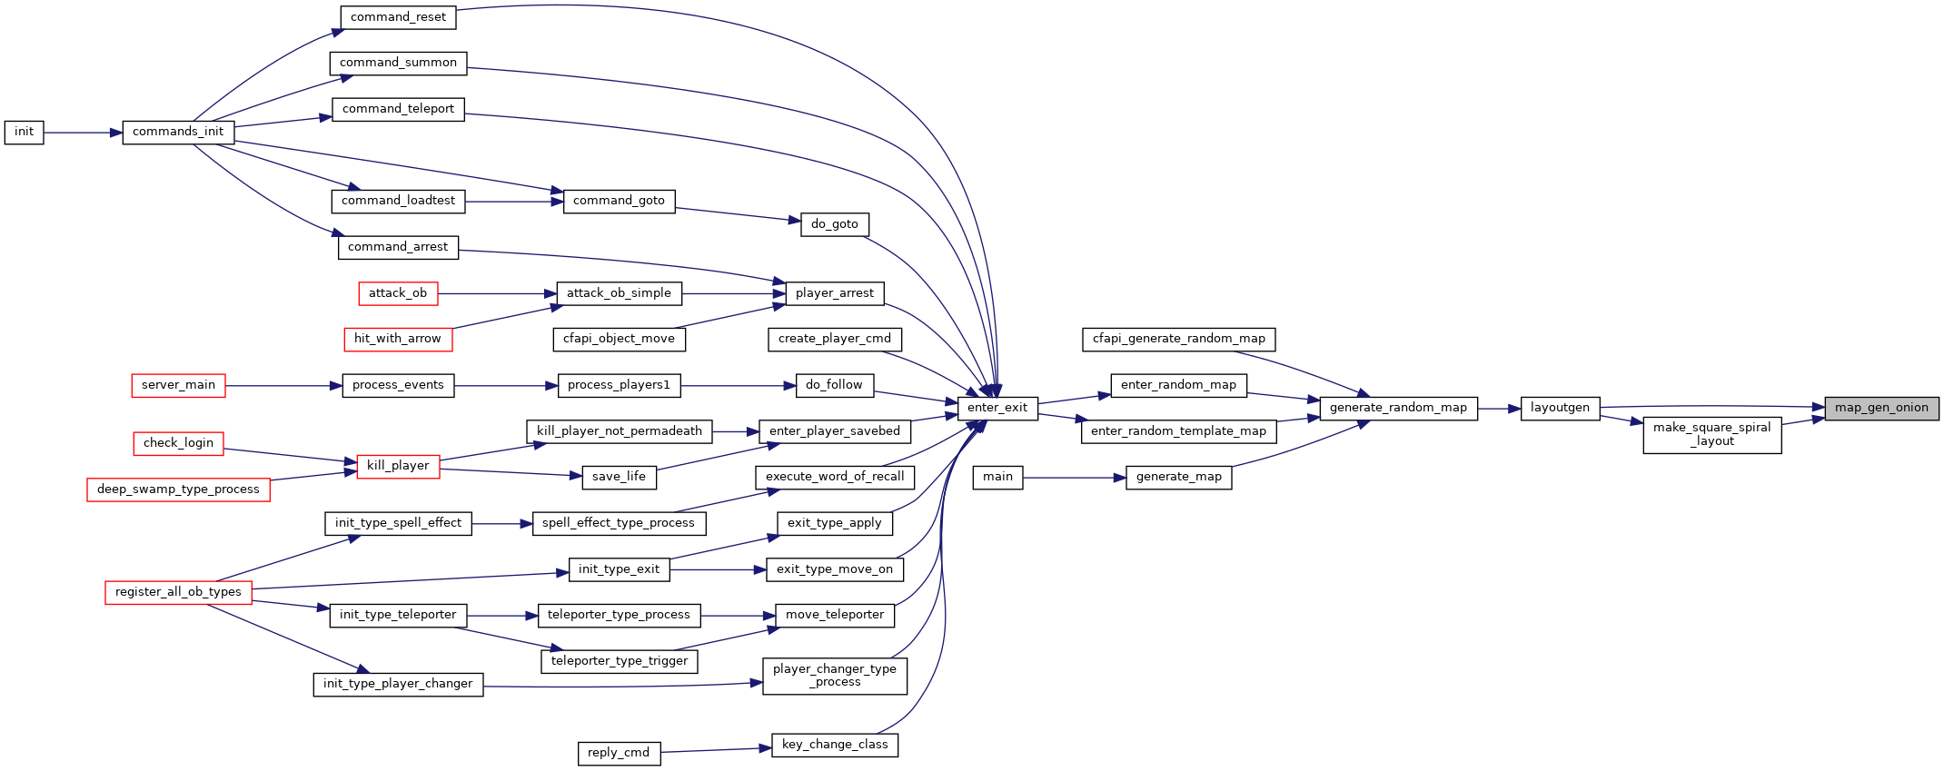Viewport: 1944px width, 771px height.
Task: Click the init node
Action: click(x=24, y=133)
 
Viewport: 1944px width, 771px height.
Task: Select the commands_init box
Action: click(x=178, y=133)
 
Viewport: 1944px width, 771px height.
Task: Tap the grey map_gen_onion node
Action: click(x=1881, y=409)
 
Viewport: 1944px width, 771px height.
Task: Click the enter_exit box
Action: click(x=997, y=409)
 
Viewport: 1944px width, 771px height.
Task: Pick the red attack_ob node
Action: click(x=398, y=293)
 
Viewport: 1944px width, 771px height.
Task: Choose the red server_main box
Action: click(x=178, y=386)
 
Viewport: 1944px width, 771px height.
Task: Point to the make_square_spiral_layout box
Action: click(x=1712, y=435)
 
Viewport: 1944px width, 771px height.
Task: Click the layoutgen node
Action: click(x=1560, y=409)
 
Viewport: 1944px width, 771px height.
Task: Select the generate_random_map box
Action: click(x=1398, y=409)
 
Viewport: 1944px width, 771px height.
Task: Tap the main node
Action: click(x=997, y=478)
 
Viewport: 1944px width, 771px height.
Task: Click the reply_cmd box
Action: click(x=619, y=754)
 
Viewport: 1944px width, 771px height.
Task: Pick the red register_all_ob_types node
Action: click(x=178, y=593)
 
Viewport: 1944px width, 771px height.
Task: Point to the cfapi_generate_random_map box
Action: click(x=1179, y=340)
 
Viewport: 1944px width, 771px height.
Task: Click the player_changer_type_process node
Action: click(x=835, y=677)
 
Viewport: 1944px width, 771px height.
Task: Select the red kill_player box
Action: click(x=398, y=467)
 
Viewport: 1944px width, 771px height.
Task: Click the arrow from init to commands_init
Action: click(x=83, y=133)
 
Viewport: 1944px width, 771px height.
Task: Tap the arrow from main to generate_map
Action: click(x=1075, y=478)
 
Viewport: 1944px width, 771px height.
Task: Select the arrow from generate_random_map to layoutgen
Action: click(x=1499, y=409)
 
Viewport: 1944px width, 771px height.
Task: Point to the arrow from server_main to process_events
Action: click(x=283, y=386)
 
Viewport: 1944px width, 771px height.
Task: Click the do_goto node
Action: click(x=835, y=225)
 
